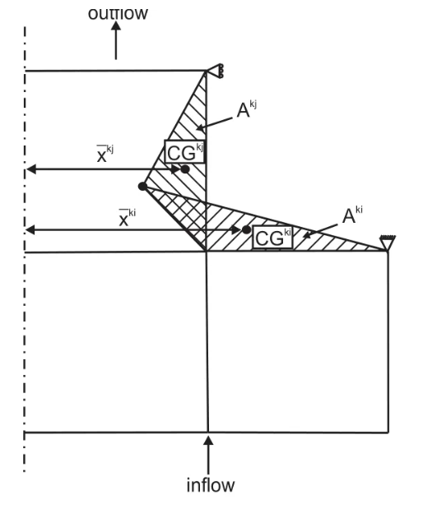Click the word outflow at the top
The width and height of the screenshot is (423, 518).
(x=118, y=13)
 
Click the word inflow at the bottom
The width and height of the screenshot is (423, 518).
(x=211, y=485)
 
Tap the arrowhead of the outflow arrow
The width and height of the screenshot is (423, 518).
(x=116, y=25)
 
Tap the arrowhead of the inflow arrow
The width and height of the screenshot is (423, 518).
(x=208, y=441)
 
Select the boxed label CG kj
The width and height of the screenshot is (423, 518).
(x=185, y=151)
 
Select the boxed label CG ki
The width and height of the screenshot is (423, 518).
(x=273, y=237)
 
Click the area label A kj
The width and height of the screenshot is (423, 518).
(x=247, y=109)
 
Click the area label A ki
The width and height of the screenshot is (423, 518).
(x=352, y=215)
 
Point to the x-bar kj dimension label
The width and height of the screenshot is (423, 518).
(x=105, y=154)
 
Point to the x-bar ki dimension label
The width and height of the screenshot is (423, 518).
(x=128, y=218)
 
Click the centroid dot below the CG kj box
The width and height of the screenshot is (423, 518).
(x=185, y=169)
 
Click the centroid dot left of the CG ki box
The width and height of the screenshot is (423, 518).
(x=246, y=229)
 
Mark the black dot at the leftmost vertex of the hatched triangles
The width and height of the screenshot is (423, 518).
(x=142, y=187)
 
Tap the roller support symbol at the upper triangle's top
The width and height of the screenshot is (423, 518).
(x=216, y=71)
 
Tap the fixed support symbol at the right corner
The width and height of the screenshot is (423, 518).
(x=388, y=243)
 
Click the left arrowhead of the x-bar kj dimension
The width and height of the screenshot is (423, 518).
(x=30, y=169)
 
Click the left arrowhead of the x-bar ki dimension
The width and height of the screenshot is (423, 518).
(x=30, y=230)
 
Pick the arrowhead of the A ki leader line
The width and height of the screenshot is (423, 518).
(x=307, y=235)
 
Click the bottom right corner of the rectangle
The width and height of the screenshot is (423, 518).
(x=388, y=432)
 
